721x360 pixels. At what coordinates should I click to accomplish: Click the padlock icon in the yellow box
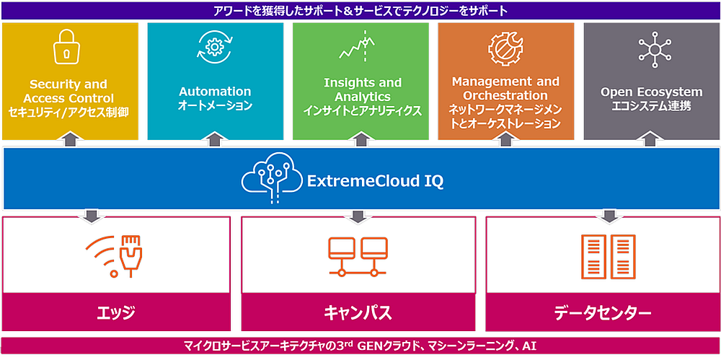(x=68, y=48)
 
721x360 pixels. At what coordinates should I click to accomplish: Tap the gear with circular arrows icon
(x=213, y=47)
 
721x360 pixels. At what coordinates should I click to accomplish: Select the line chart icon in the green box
(x=357, y=46)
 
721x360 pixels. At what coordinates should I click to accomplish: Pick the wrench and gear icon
(x=505, y=47)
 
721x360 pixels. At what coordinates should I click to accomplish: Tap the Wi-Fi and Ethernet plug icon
(x=114, y=256)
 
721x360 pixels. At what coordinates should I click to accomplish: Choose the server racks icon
(x=609, y=256)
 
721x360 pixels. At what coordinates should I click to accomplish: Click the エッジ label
(x=116, y=314)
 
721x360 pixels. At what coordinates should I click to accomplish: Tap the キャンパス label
(x=358, y=314)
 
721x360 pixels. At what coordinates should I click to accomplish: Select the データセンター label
(x=602, y=314)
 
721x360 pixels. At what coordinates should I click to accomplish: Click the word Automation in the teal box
(x=215, y=91)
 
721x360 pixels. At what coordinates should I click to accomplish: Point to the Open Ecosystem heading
(x=651, y=92)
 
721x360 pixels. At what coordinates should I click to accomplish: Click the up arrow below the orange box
(x=506, y=140)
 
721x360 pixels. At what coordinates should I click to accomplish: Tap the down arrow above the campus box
(x=358, y=215)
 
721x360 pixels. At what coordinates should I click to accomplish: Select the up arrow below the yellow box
(x=69, y=140)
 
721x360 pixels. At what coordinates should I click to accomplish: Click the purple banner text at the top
(x=360, y=11)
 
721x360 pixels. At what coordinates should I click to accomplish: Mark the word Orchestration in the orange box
(x=506, y=96)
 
